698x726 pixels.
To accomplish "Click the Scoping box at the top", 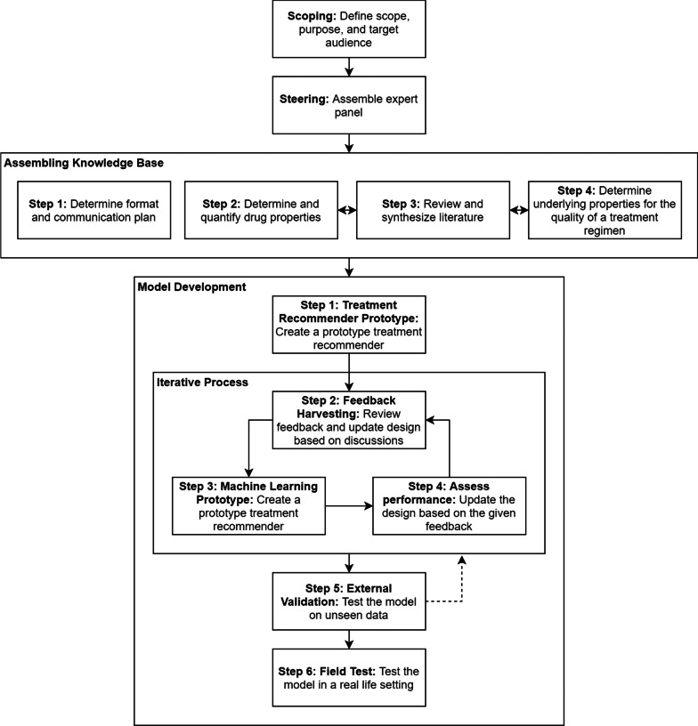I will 349,28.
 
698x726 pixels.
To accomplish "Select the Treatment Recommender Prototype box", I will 349,324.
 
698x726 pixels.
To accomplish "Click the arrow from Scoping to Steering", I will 349,65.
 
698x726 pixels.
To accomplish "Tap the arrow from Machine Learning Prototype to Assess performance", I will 348,505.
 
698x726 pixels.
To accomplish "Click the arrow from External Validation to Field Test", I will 349,638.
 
